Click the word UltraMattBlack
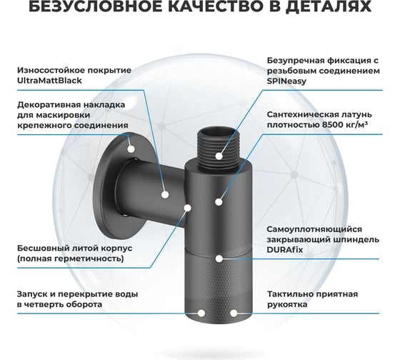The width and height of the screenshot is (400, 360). click(49, 81)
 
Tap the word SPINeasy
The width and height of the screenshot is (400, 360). click(286, 81)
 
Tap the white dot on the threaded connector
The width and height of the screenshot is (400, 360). click(219, 156)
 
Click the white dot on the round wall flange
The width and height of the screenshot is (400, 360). click(131, 149)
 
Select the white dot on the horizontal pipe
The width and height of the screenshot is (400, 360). click(165, 195)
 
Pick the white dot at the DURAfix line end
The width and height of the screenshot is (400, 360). click(219, 259)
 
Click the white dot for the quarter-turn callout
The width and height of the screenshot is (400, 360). click(201, 314)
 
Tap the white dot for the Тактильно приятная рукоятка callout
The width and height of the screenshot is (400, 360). click(234, 314)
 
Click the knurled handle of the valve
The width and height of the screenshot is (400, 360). click(219, 286)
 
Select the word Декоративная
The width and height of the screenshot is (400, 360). click(43, 105)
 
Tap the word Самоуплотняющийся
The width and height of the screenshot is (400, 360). click(314, 229)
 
